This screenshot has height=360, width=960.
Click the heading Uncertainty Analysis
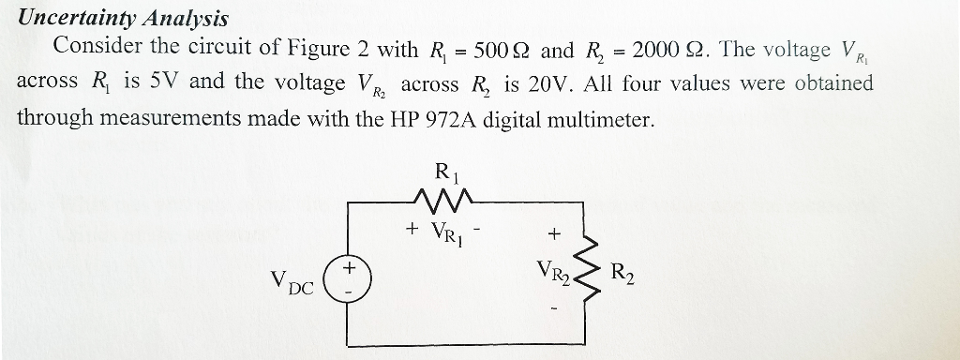pos(123,18)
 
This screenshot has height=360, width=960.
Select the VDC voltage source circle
pos(347,278)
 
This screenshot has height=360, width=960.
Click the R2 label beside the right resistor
pos(622,275)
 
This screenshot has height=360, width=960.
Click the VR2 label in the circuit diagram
pos(552,273)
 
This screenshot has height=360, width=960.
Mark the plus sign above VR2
pos(553,233)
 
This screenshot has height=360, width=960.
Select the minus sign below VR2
pos(553,307)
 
